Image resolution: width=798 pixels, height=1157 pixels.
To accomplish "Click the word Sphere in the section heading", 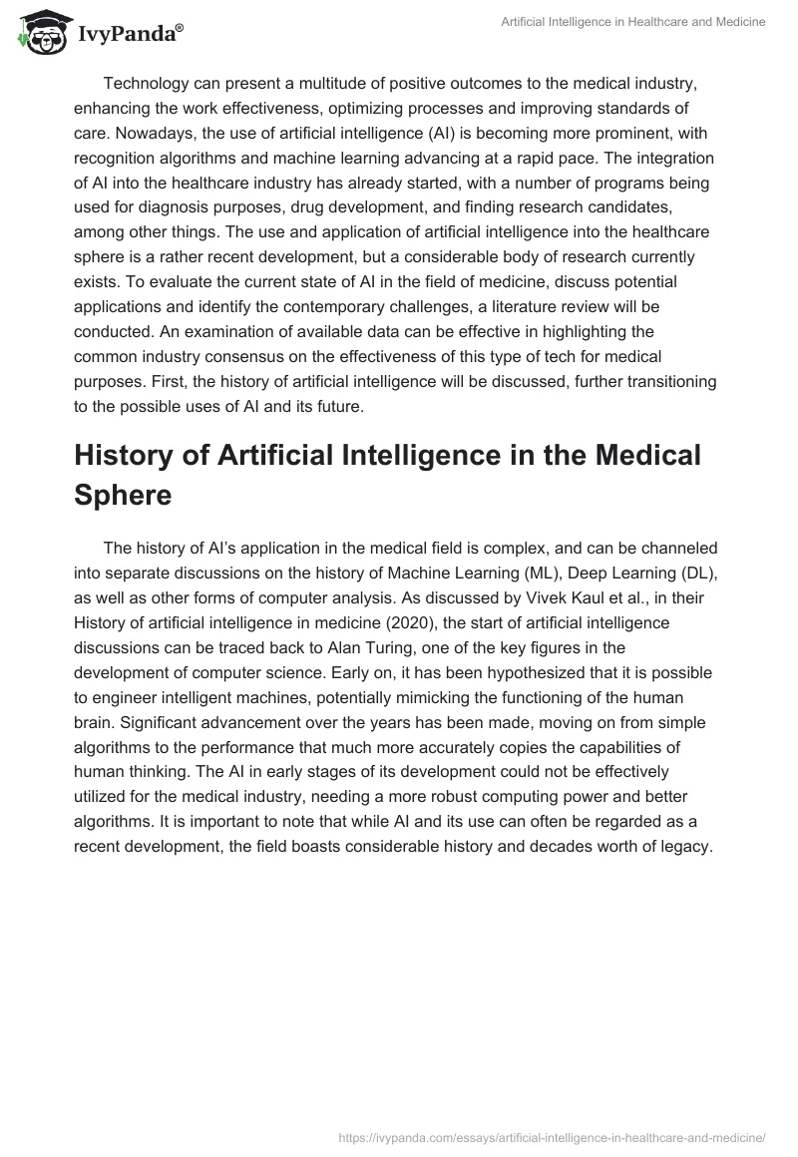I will click(x=124, y=496).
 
